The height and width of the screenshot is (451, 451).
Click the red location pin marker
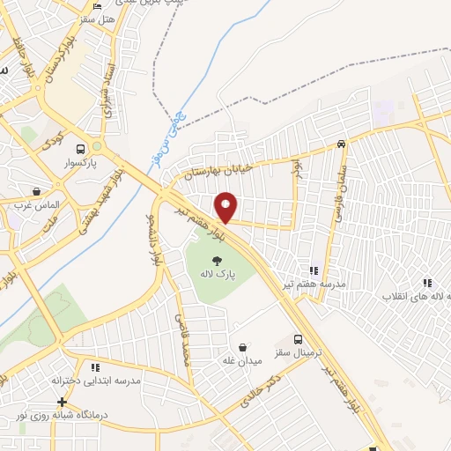226,206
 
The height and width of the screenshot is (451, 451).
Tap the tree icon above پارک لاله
217,259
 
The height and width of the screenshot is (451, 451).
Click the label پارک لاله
217,273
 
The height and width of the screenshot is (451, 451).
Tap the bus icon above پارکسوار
81,149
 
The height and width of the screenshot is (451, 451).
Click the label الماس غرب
36,204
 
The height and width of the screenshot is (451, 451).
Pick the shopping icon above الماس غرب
36,190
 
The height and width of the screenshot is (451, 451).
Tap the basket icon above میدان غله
243,347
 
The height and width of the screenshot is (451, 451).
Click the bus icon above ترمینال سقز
298,338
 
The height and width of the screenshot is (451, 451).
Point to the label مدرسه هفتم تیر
314,285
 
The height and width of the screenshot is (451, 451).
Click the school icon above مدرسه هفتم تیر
313,271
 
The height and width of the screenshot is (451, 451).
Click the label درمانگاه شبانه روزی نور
62,415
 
